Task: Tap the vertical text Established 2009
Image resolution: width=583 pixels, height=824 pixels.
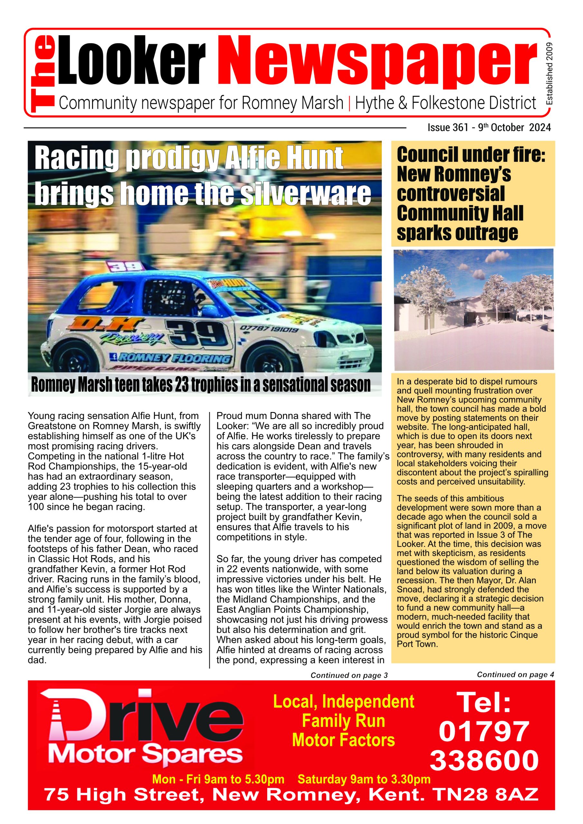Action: coord(549,74)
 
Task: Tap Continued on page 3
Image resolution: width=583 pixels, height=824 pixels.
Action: coord(349,675)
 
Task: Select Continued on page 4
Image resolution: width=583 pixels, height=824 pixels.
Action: coord(515,675)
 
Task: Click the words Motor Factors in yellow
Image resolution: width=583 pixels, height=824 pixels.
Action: coord(343,740)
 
